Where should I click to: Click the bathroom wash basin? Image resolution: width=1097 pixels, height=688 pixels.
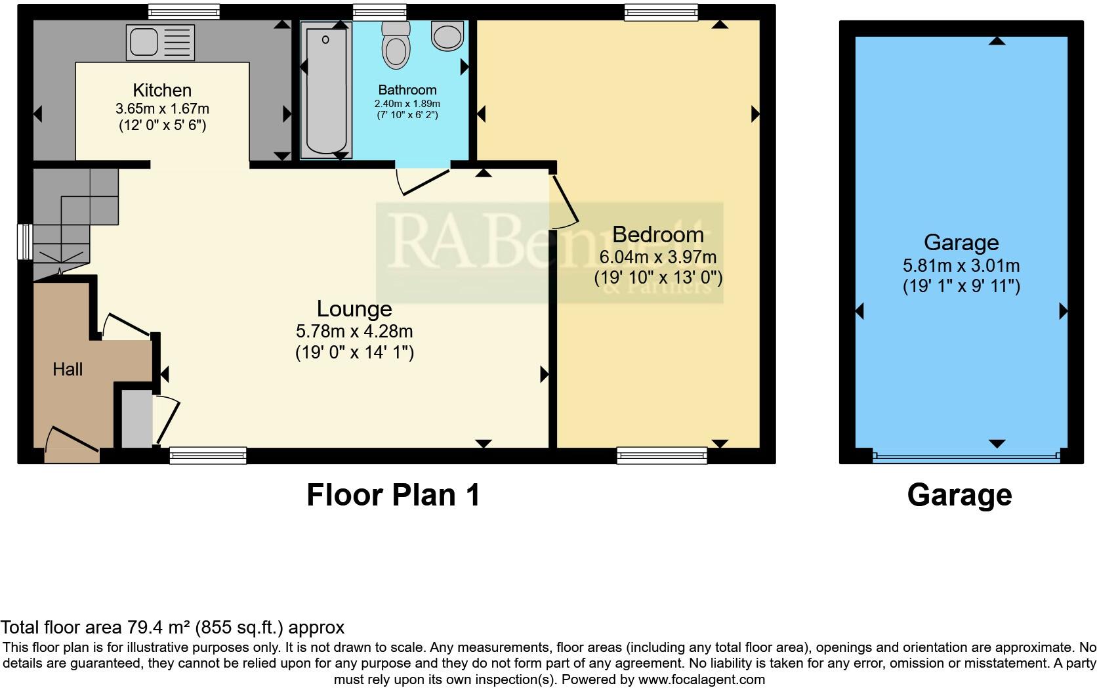(447, 34)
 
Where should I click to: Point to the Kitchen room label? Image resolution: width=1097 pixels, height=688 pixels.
(162, 90)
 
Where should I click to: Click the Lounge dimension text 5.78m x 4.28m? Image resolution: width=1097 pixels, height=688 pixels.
(354, 332)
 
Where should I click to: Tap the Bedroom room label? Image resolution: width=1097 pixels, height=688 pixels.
(657, 234)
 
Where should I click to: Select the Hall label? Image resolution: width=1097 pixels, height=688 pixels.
(68, 370)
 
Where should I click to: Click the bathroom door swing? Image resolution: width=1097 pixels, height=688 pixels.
(423, 181)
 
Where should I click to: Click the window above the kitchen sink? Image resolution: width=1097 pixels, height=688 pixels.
(183, 11)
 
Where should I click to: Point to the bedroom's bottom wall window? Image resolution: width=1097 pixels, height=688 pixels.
(661, 455)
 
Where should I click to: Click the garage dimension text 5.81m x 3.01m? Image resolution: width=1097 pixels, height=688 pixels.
(961, 266)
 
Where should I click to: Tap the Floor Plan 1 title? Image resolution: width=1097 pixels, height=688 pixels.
(393, 495)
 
